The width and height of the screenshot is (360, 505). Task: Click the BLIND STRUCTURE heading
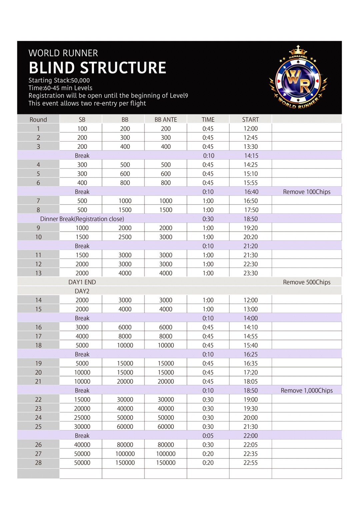(x=97, y=68)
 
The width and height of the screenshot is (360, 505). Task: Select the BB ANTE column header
(x=166, y=120)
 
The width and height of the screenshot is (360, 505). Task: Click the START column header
(x=250, y=120)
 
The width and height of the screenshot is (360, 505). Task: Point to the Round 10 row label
(x=38, y=237)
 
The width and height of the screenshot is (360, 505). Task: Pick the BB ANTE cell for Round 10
(x=166, y=237)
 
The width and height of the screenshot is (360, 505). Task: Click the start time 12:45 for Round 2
(x=250, y=138)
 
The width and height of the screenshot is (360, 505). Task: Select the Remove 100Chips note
(x=307, y=192)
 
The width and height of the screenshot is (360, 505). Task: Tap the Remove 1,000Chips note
(x=307, y=390)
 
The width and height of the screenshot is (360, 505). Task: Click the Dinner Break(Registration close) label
(x=82, y=219)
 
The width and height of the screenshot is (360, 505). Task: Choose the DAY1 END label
(x=82, y=282)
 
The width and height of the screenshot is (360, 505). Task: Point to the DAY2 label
(x=82, y=291)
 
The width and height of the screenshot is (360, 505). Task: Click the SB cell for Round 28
(x=82, y=463)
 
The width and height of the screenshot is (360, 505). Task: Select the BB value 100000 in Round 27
(x=125, y=454)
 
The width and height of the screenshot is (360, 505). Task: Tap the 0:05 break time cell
(x=208, y=436)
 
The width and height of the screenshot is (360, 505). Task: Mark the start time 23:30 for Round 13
(x=250, y=273)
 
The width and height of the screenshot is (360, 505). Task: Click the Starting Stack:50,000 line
(x=59, y=80)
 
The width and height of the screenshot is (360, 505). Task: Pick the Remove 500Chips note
(x=307, y=282)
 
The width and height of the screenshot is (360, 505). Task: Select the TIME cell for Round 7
(x=208, y=201)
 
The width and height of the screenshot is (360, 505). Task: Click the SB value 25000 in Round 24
(x=82, y=418)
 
